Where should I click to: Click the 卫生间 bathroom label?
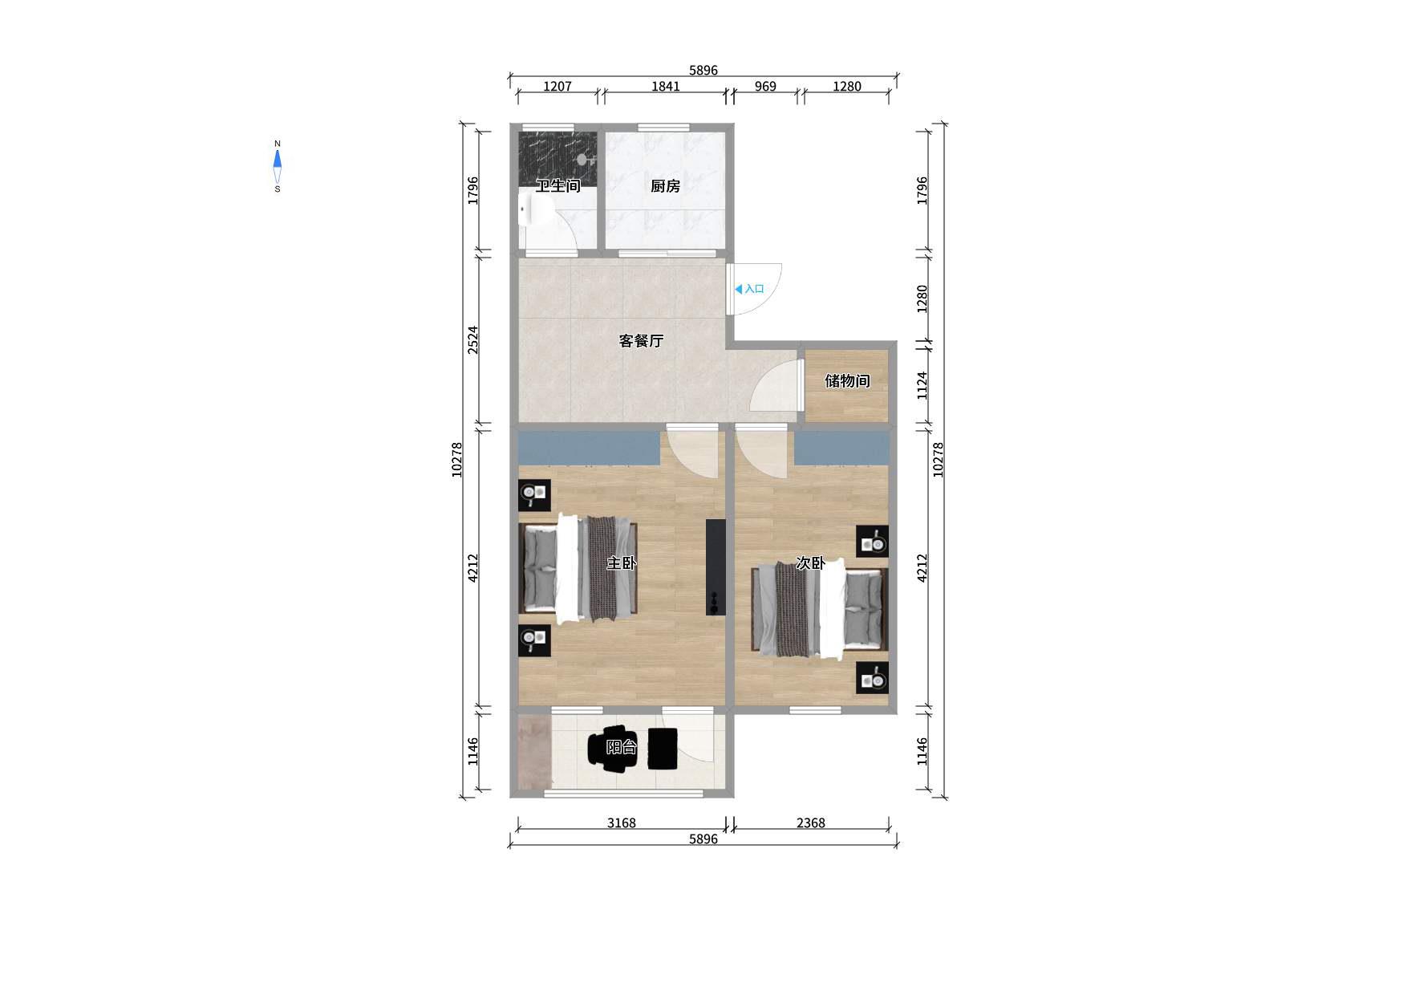pyautogui.click(x=558, y=186)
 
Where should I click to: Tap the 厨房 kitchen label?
pyautogui.click(x=665, y=186)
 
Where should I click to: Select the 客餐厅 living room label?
pyautogui.click(x=641, y=341)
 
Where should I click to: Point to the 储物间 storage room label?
pyautogui.click(x=847, y=380)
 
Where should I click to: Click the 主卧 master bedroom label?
pyautogui.click(x=622, y=563)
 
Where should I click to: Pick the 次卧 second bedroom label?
pyautogui.click(x=810, y=563)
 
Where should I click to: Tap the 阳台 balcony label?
pyautogui.click(x=622, y=747)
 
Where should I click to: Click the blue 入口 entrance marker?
pyautogui.click(x=749, y=289)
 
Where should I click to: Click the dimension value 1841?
pyautogui.click(x=666, y=87)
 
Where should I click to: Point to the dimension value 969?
pyautogui.click(x=765, y=87)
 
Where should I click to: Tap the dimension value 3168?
pyautogui.click(x=621, y=823)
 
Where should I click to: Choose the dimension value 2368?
pyautogui.click(x=810, y=823)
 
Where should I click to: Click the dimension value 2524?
pyautogui.click(x=473, y=340)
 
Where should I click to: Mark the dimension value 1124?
pyautogui.click(x=922, y=386)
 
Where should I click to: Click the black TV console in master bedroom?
pyautogui.click(x=716, y=567)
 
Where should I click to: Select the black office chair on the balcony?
pyautogui.click(x=613, y=749)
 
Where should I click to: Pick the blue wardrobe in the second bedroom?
pyautogui.click(x=841, y=448)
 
